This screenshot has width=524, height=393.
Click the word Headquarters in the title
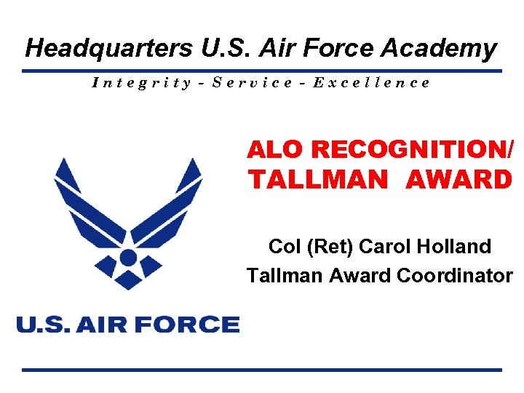[108, 49]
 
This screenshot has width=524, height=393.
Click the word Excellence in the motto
[371, 82]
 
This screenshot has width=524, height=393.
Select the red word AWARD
[458, 179]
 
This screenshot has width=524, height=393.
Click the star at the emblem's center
[128, 277]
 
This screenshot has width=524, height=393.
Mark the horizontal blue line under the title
[262, 71]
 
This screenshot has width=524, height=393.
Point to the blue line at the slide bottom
[262, 370]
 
